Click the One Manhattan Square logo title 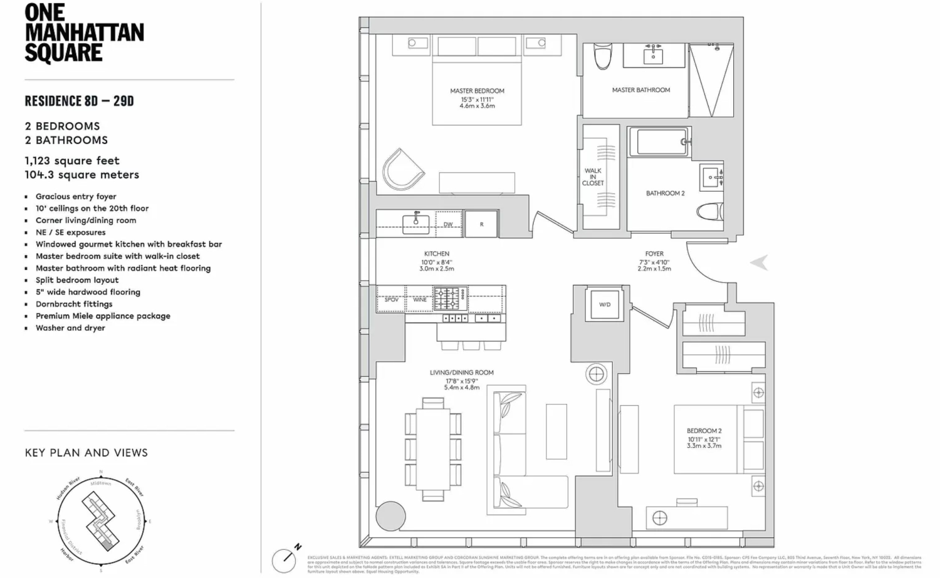[84, 33]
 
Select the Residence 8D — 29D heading [79, 101]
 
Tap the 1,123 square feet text [72, 161]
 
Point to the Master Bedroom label [477, 91]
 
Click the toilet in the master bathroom [602, 57]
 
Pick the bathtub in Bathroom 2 [659, 142]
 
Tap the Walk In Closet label [593, 177]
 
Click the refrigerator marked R [481, 224]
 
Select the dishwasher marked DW [448, 224]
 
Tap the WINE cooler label [420, 300]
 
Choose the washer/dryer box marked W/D [605, 305]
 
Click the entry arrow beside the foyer [759, 262]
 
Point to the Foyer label [654, 254]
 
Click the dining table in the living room [433, 448]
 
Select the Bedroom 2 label [704, 431]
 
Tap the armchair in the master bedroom [402, 169]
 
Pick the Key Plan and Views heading [86, 453]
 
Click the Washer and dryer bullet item [70, 328]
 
